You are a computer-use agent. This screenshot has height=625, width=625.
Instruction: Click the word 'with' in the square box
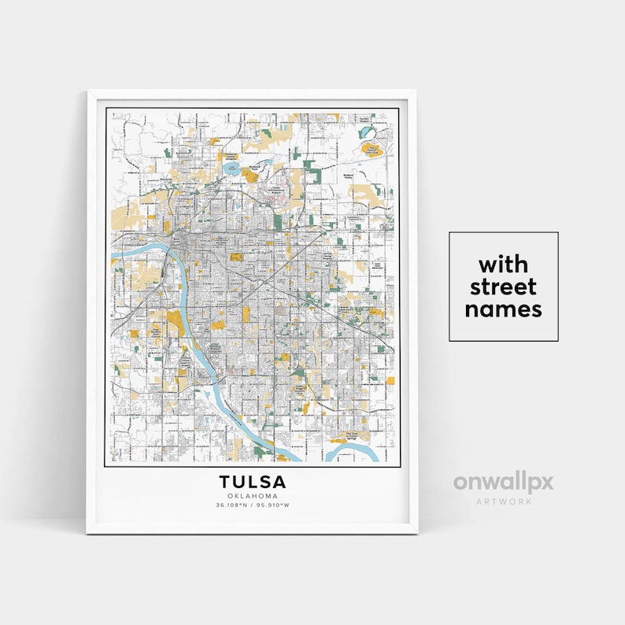click(503, 264)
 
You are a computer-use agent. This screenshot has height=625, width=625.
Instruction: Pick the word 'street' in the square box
click(503, 286)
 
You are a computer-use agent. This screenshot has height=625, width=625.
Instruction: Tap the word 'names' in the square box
click(503, 309)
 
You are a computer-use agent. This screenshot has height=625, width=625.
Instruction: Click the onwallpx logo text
click(503, 482)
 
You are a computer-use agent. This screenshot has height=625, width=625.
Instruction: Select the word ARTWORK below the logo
click(503, 501)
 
